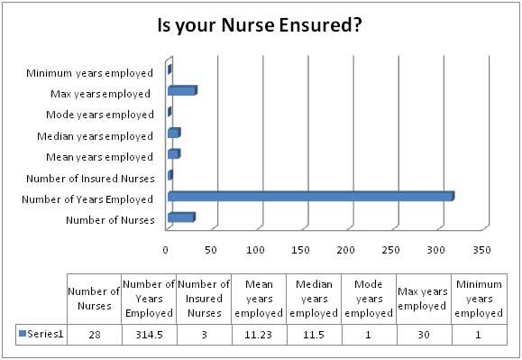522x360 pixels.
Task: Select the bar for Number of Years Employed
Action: click(x=309, y=196)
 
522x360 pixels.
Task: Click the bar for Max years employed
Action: click(x=181, y=91)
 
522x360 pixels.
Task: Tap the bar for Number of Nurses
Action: click(x=180, y=217)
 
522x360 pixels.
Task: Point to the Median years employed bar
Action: click(x=173, y=134)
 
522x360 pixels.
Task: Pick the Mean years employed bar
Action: click(x=173, y=154)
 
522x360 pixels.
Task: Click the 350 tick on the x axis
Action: click(x=482, y=248)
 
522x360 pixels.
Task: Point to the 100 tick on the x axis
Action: click(x=257, y=248)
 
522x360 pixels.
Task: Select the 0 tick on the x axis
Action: click(x=167, y=248)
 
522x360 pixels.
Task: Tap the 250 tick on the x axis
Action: click(x=392, y=248)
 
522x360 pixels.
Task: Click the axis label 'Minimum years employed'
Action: click(x=89, y=72)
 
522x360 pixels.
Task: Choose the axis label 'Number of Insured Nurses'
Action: click(x=89, y=178)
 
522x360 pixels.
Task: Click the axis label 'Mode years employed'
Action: click(x=99, y=115)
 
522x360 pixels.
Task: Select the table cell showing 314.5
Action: click(x=149, y=334)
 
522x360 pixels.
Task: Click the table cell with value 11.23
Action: click(x=259, y=334)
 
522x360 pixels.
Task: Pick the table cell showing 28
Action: click(x=94, y=334)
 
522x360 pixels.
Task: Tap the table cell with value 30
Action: click(x=423, y=334)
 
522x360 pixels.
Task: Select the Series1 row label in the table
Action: click(x=42, y=334)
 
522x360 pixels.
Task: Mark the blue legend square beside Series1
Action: click(x=23, y=334)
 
